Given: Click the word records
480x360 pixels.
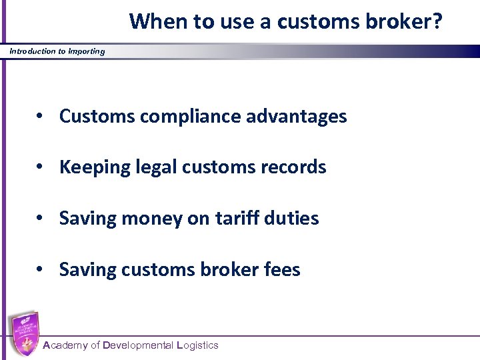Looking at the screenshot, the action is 297,167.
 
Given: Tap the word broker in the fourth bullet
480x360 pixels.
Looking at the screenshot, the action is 227,269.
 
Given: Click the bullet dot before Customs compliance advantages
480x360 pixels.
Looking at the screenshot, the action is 41,117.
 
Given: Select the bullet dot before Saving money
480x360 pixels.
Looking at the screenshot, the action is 41,219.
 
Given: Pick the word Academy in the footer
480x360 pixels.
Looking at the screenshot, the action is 65,345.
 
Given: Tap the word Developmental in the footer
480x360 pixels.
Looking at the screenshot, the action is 138,345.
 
